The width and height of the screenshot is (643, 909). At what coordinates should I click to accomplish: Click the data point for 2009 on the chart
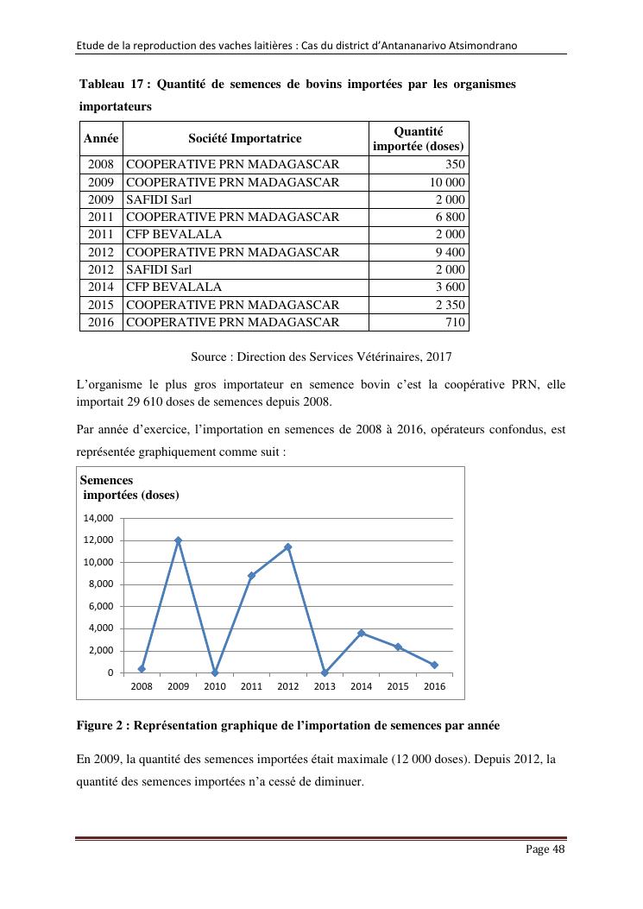click(178, 540)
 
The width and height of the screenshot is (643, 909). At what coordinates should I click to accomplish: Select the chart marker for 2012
click(288, 547)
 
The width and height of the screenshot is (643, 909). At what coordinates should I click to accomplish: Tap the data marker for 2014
click(362, 633)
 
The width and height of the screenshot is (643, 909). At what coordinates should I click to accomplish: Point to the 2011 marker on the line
click(251, 576)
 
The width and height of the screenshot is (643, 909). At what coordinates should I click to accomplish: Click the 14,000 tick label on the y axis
click(98, 519)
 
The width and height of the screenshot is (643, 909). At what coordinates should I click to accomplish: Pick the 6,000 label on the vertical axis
click(98, 607)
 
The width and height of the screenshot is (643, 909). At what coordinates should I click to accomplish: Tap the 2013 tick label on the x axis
click(325, 686)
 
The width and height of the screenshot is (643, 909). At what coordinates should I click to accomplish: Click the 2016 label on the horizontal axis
click(434, 686)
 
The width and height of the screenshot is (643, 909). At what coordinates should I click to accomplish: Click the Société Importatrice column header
click(245, 138)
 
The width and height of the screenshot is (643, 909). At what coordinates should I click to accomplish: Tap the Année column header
click(101, 138)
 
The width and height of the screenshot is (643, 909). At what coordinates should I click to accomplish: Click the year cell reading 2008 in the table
click(101, 164)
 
